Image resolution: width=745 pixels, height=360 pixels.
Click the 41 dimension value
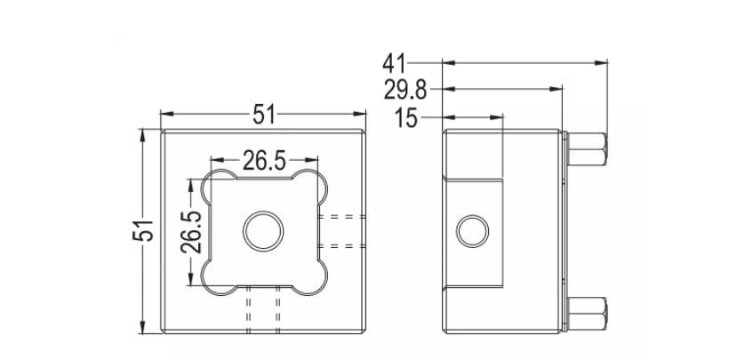point(395,63)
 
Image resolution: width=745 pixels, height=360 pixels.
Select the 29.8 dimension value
point(405,90)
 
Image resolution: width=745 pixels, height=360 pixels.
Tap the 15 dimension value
point(405,117)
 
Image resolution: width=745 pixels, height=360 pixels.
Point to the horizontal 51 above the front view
point(264,115)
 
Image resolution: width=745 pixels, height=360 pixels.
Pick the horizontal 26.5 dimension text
point(264,161)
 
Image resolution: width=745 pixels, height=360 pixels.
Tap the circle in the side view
point(472,231)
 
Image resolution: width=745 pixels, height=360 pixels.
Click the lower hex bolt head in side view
point(589,313)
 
